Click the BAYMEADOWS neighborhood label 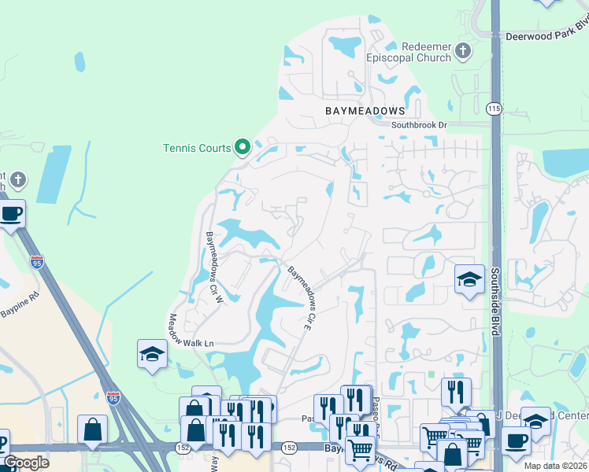click(x=365, y=111)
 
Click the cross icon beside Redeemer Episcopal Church click(x=463, y=52)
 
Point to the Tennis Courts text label click(x=197, y=148)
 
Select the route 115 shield click(x=494, y=109)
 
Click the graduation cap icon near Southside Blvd click(x=469, y=280)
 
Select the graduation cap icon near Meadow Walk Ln click(x=152, y=354)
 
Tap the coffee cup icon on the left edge click(x=10, y=214)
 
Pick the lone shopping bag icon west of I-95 click(x=92, y=430)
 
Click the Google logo click(x=27, y=463)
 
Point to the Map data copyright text click(x=555, y=466)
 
